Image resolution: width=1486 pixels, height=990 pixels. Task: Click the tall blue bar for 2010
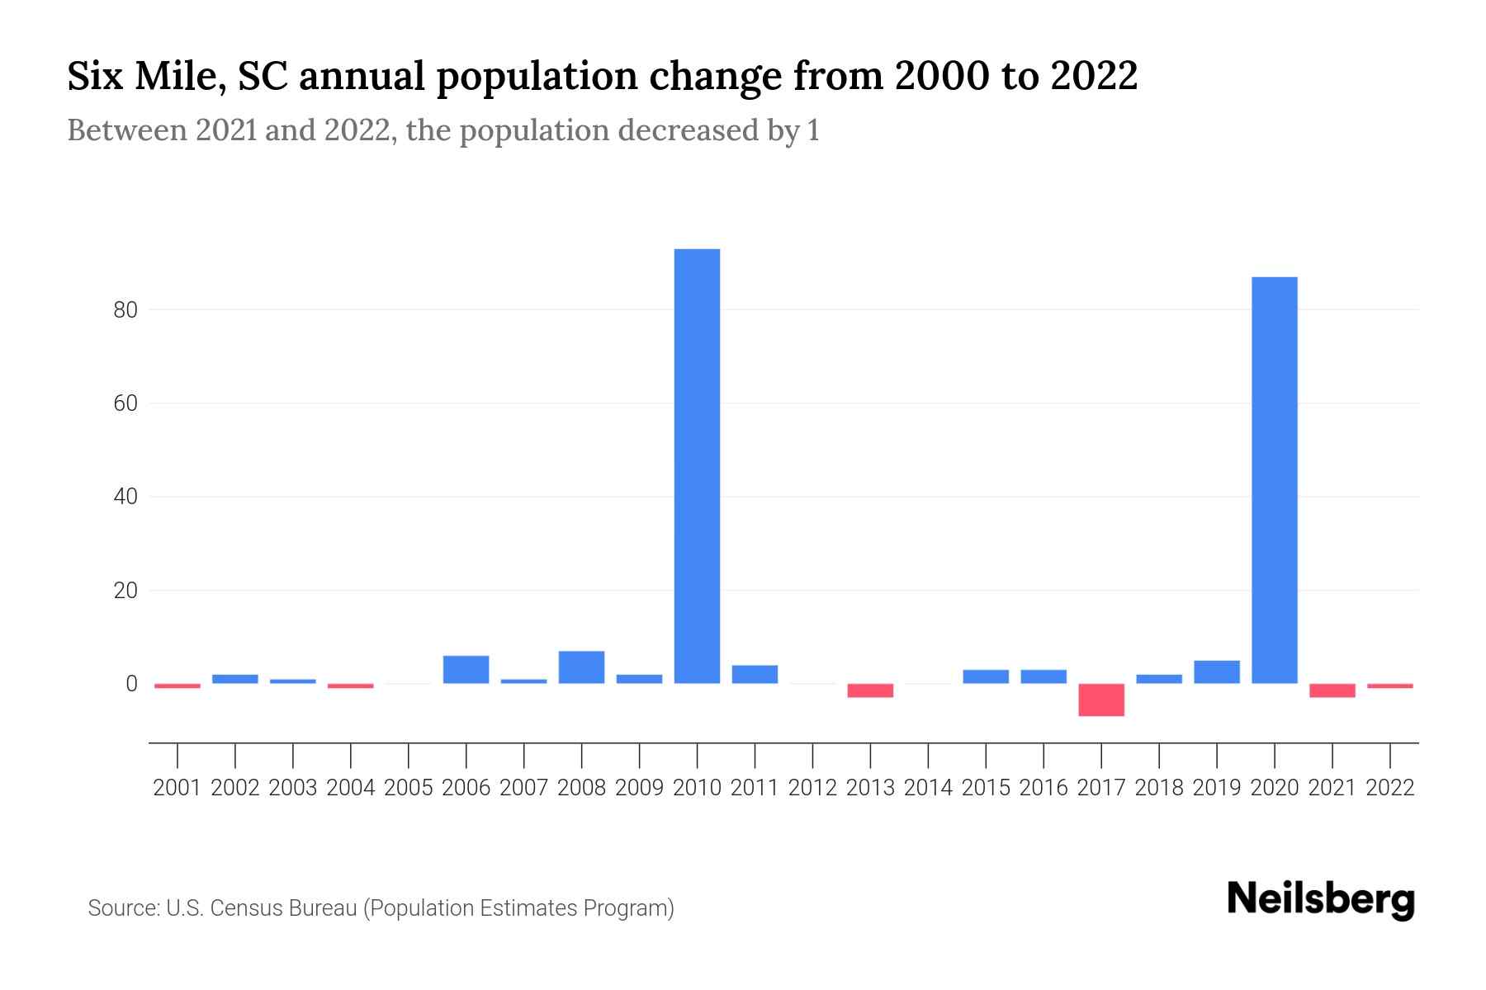click(x=697, y=466)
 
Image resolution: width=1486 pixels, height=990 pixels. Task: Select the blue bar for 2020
click(x=1274, y=480)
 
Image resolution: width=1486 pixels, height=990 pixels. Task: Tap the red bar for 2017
click(x=1100, y=700)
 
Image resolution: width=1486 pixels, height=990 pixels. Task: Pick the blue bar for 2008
click(x=581, y=667)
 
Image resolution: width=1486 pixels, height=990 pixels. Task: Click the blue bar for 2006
click(x=466, y=670)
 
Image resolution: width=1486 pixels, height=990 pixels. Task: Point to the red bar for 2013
click(x=870, y=691)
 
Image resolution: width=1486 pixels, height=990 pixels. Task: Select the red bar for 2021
click(x=1332, y=691)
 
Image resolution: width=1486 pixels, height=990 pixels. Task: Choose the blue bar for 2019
click(x=1216, y=672)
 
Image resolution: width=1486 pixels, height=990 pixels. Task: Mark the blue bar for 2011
click(x=755, y=674)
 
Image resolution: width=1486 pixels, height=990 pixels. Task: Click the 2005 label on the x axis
click(x=409, y=788)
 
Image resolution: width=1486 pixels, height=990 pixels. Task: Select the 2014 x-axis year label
click(x=928, y=788)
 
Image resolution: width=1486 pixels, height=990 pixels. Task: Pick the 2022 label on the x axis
click(x=1390, y=788)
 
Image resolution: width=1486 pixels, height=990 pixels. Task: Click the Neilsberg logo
click(x=1321, y=900)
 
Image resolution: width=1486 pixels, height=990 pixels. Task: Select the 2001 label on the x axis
click(x=177, y=788)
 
